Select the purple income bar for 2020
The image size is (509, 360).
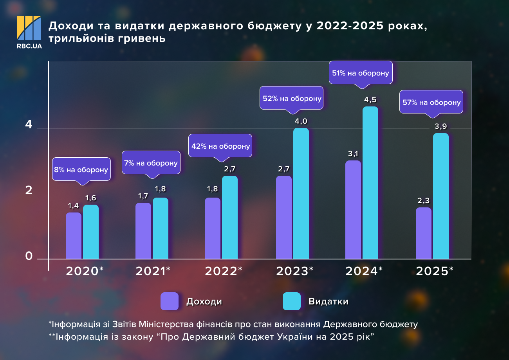click(x=74, y=236)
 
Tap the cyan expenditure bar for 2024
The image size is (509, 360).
click(x=370, y=183)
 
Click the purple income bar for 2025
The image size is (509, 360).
click(x=424, y=233)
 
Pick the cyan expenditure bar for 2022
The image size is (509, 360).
click(x=230, y=217)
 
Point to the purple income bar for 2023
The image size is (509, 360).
click(x=284, y=217)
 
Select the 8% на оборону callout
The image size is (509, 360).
click(x=81, y=170)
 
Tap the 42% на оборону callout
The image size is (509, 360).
click(x=220, y=146)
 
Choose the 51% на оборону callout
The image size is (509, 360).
click(x=361, y=73)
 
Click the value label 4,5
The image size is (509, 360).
click(x=370, y=100)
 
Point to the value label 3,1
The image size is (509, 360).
click(x=353, y=153)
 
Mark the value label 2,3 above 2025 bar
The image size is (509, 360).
click(x=424, y=201)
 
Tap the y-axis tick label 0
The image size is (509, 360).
click(x=29, y=256)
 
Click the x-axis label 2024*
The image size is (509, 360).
click(x=364, y=271)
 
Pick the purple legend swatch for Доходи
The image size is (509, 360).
click(x=170, y=301)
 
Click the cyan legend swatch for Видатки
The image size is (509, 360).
click(x=292, y=301)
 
